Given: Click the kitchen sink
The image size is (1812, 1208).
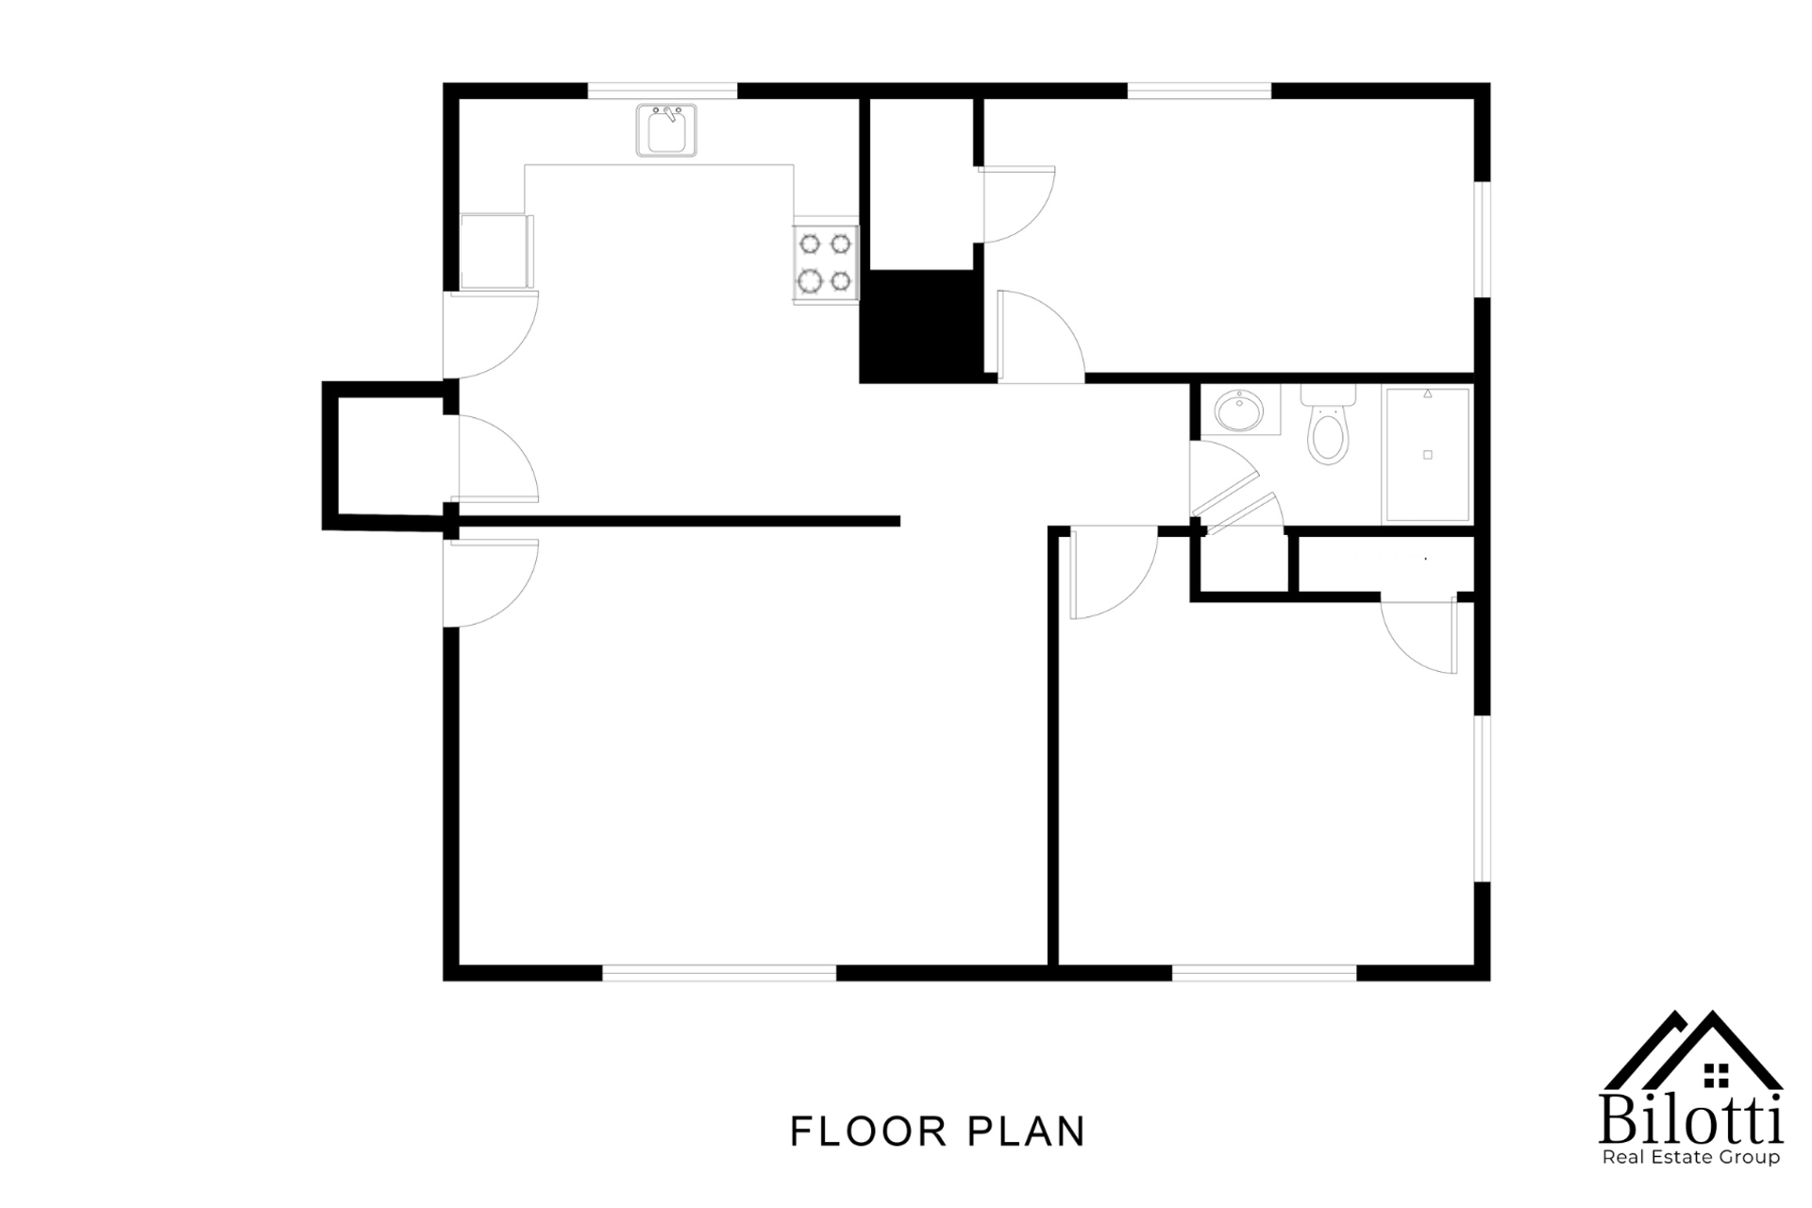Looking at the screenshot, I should coord(666,130).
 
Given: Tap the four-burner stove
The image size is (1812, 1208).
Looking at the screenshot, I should coord(826,263).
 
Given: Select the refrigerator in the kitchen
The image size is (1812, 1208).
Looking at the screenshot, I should coord(494,251).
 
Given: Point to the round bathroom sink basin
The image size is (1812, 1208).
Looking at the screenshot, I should coord(1239,411).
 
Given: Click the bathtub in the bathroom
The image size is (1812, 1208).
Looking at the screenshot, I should coord(1427,455).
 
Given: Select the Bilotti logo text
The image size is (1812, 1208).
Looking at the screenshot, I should coord(1690,1121).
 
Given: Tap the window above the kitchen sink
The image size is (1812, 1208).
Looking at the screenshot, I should coord(662,91).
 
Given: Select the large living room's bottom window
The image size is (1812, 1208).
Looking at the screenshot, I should coord(719,973).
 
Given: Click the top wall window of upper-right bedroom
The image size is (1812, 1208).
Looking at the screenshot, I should coord(1200,91).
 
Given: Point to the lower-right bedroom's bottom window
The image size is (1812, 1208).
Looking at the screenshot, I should coord(1264,973).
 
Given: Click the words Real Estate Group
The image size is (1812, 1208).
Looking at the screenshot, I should coord(1690,1157).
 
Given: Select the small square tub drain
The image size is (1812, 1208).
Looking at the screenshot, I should coord(1427,455).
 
